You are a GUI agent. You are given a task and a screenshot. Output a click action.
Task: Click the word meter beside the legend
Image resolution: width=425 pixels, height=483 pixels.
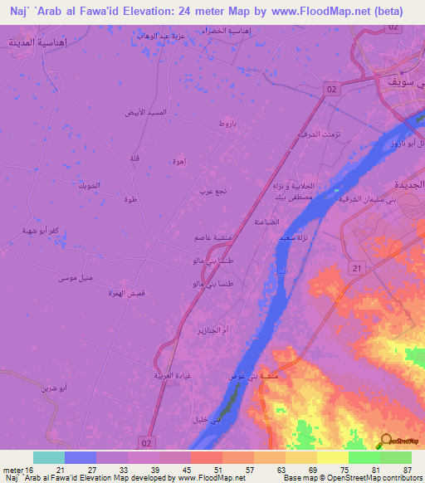[x=13, y=469]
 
